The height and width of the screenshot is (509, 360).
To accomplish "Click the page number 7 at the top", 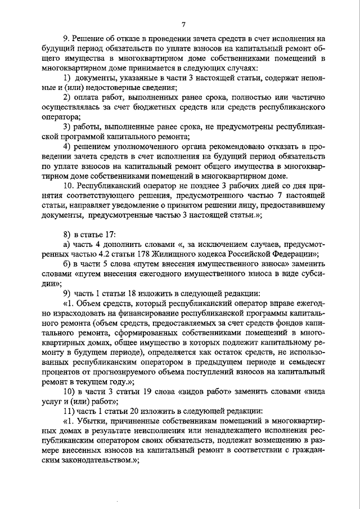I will [x=183, y=25].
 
